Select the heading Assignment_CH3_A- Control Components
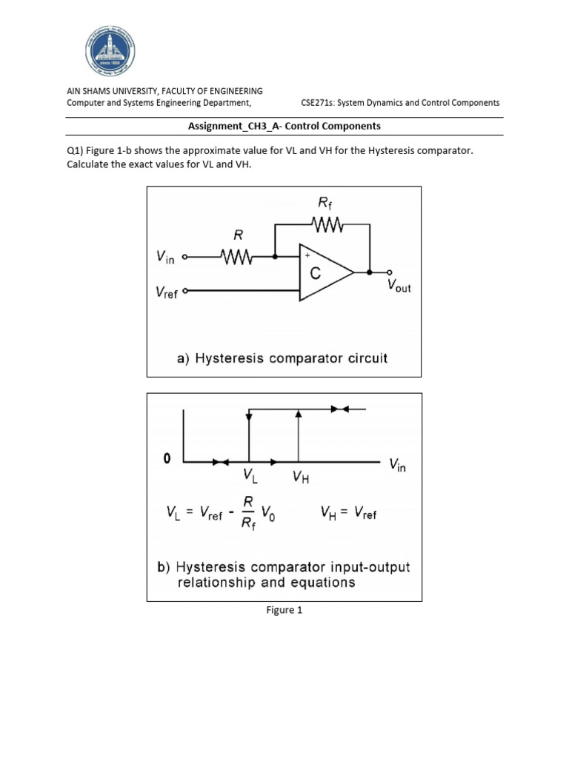coord(284,126)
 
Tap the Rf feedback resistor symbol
coord(325,224)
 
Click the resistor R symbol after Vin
coord(238,258)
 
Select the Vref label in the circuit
coord(167,292)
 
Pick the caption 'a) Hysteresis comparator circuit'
coord(282,358)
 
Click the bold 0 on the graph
coord(167,459)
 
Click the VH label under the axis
coord(300,477)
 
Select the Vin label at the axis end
coord(399,466)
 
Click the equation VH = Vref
coord(348,512)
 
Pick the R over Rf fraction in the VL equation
coord(248,512)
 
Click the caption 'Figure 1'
coord(284,611)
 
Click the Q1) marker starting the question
coord(76,151)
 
